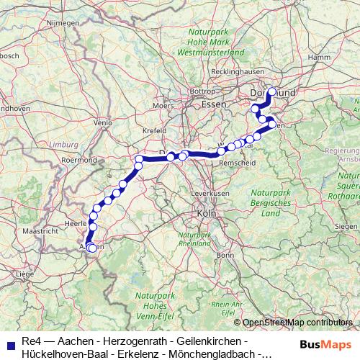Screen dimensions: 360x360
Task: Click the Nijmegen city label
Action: coord(63,23)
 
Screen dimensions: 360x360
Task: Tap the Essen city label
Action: coord(213,104)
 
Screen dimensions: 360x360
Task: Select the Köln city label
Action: coord(206,213)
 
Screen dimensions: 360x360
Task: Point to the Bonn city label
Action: coord(225,255)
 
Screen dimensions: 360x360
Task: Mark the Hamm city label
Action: coord(318,56)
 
